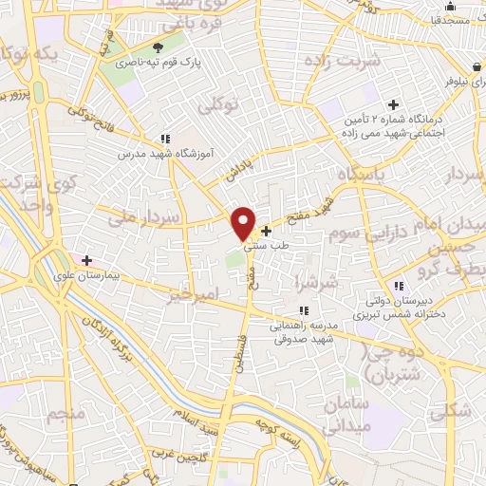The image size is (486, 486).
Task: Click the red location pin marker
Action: click(244, 223)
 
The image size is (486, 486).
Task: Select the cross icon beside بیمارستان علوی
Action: click(86, 259)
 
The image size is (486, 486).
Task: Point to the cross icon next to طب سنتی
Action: click(266, 231)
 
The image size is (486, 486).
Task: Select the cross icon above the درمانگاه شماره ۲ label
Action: click(394, 104)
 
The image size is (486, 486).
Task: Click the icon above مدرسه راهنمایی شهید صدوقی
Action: click(303, 310)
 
